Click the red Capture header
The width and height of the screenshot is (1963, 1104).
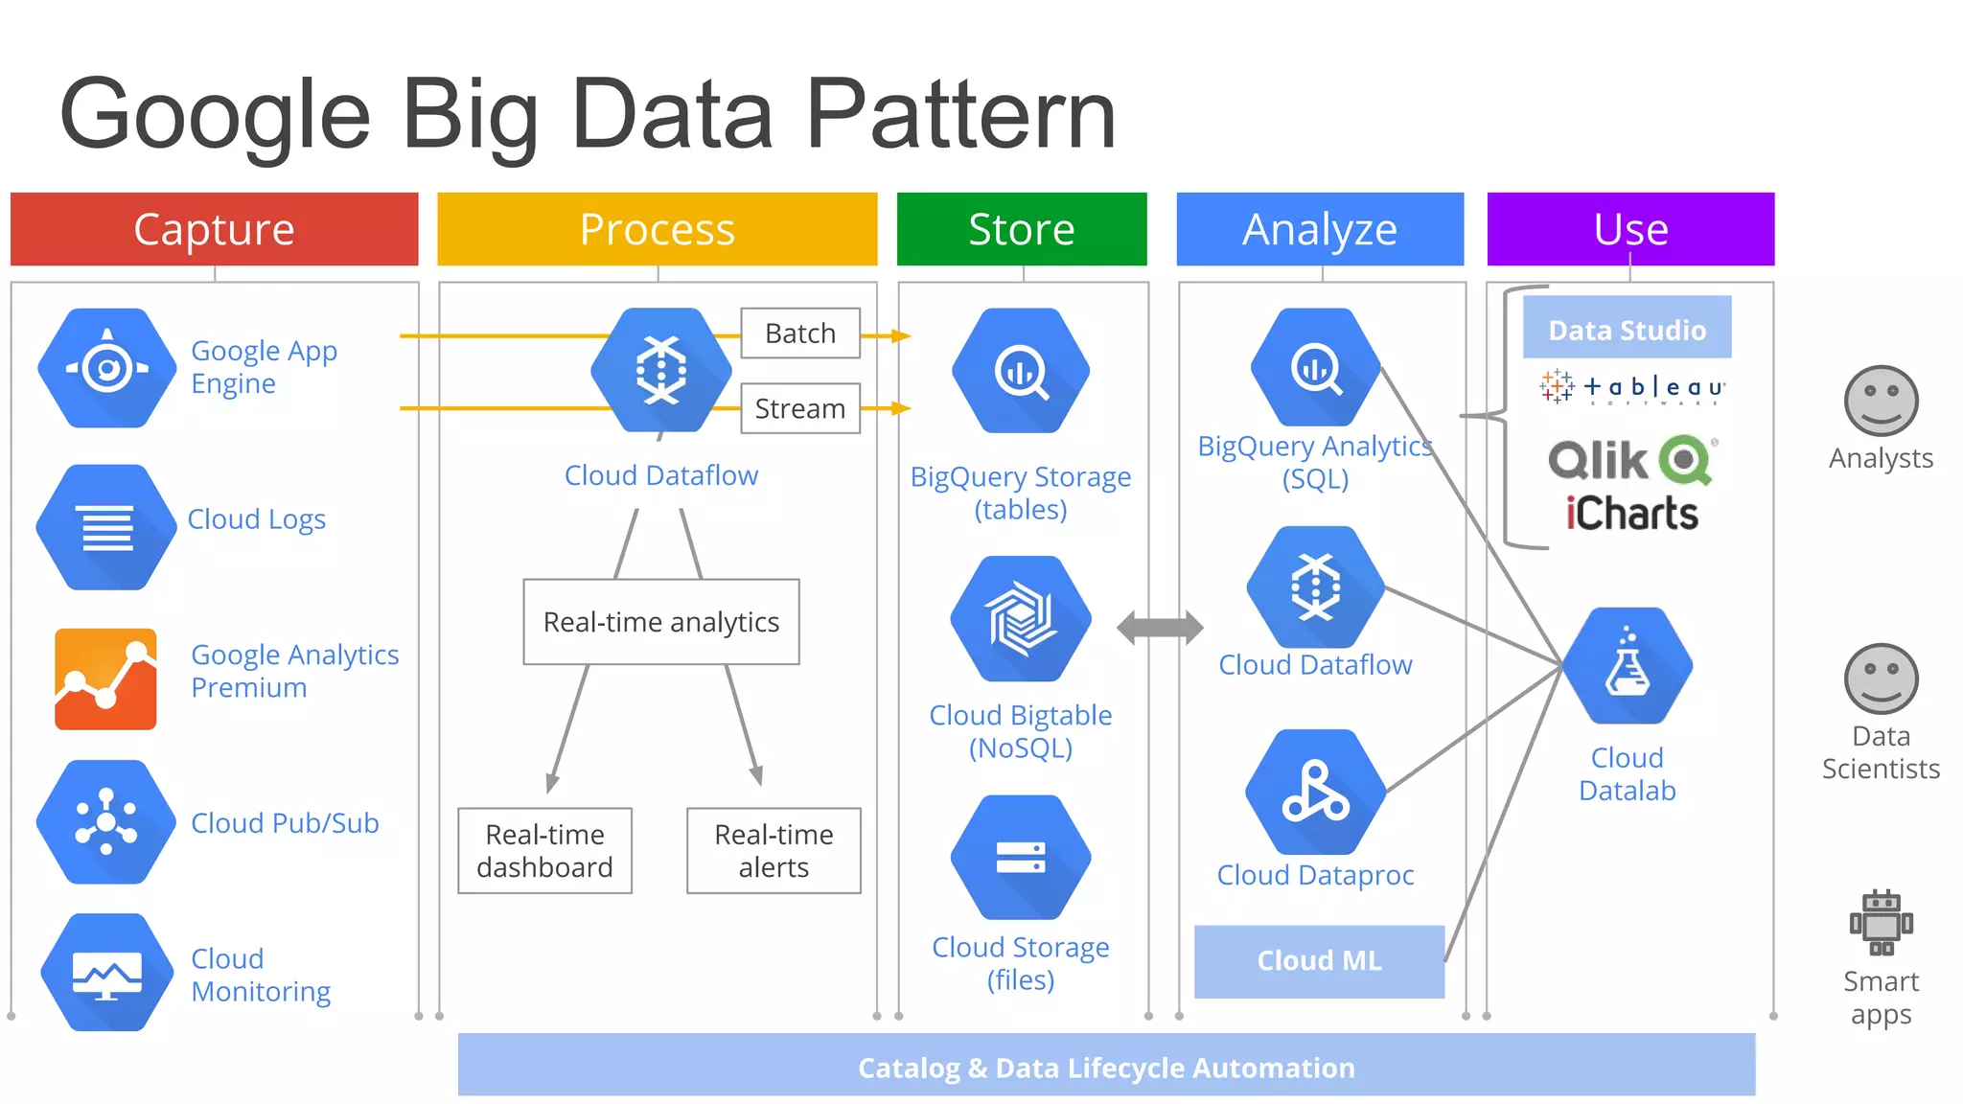[x=214, y=229]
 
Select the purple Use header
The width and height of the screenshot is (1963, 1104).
[x=1629, y=229]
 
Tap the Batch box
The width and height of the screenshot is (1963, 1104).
[x=799, y=333]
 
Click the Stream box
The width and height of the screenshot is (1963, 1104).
[x=799, y=408]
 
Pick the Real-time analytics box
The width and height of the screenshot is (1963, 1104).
[x=660, y=622]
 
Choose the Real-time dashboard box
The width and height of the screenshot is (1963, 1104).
[x=544, y=851]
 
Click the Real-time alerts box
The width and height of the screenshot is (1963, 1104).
[x=774, y=851]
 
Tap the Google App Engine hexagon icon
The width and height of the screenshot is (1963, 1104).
[x=107, y=368]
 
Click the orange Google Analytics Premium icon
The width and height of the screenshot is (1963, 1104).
[x=105, y=679]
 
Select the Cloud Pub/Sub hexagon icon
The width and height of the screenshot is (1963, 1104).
[x=106, y=822]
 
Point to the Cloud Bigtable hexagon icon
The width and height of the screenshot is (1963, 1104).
[x=1021, y=619]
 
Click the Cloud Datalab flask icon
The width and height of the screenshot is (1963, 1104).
[x=1628, y=666]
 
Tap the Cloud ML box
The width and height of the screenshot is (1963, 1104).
[x=1319, y=961]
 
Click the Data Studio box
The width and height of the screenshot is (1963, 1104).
[x=1627, y=330]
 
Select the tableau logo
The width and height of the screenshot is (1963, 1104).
[x=1632, y=387]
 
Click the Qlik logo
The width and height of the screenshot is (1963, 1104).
[x=1632, y=460]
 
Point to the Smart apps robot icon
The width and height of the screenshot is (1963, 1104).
[x=1881, y=923]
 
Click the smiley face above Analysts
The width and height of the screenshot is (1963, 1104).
[x=1881, y=401]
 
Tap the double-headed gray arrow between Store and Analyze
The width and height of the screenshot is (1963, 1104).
[x=1160, y=629]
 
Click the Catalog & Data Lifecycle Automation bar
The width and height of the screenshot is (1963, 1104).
[x=1106, y=1066]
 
